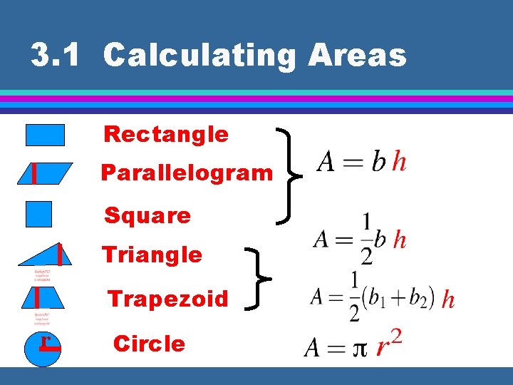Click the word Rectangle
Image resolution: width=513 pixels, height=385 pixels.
point(166,134)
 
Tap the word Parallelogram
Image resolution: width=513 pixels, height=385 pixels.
point(187,173)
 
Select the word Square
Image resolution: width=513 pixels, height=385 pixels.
point(147,215)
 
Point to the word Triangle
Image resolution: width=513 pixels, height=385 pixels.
point(152,255)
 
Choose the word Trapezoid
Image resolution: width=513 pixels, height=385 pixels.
point(167,299)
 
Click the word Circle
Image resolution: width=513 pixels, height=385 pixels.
point(149,344)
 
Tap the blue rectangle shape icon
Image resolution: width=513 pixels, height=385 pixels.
point(45,135)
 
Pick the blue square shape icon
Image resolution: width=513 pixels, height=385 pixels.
point(38,214)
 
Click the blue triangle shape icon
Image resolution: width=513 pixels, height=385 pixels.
point(50,257)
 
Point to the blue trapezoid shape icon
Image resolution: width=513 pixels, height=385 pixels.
point(44,297)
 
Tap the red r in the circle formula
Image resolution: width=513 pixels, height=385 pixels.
point(383,348)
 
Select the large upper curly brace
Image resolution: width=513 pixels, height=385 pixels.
point(288,173)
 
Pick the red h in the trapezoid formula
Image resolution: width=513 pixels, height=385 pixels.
point(448,299)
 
